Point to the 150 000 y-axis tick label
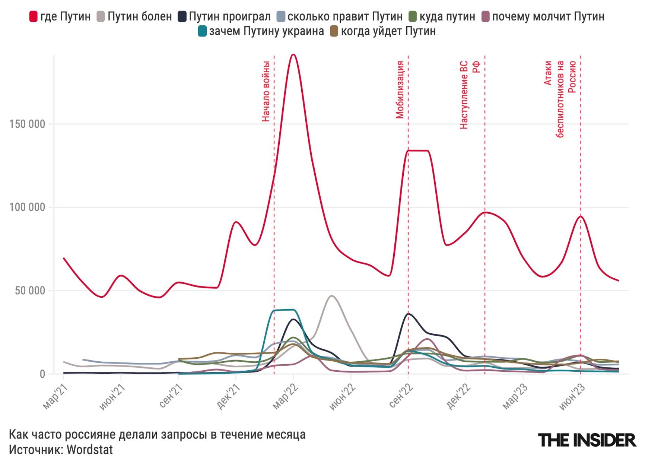click(27, 124)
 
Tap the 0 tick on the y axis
click(42, 374)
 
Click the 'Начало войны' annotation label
click(266, 91)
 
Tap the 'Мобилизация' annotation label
click(400, 90)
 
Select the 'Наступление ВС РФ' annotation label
click(469, 95)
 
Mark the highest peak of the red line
click(293, 55)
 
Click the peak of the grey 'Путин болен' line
click(331, 296)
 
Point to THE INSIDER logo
click(587, 440)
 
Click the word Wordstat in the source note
click(90, 450)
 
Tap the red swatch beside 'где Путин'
click(34, 17)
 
